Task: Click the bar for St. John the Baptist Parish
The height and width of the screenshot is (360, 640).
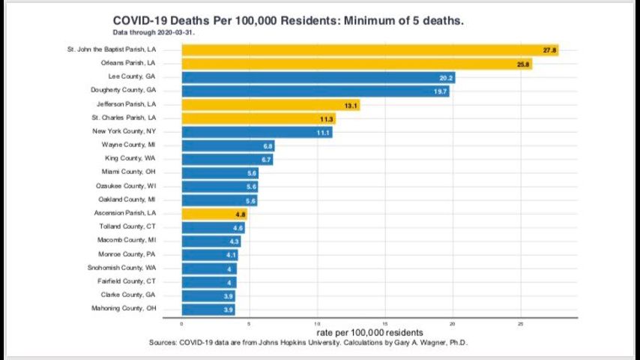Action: point(369,50)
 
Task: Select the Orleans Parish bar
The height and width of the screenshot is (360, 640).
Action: point(357,64)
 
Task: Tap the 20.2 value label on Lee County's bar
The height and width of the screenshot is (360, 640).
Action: point(445,78)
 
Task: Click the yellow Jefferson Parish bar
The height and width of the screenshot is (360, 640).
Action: point(271,105)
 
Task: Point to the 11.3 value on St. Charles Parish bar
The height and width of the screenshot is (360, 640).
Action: point(326,118)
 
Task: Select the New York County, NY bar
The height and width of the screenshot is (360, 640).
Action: point(256,133)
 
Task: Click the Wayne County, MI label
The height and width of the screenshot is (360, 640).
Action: point(129,145)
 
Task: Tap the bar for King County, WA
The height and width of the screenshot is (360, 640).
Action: point(227,160)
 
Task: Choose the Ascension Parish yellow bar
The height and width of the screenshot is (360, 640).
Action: point(214,214)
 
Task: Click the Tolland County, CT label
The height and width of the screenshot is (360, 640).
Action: point(127,226)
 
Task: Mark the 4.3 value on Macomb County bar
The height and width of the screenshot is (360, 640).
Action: point(234,241)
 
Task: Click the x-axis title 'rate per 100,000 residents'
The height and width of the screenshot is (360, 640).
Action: point(369,332)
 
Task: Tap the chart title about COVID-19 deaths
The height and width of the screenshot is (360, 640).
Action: point(288,21)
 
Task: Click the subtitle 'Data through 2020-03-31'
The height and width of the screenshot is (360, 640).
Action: point(154,33)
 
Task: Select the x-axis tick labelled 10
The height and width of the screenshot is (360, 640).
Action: point(317,324)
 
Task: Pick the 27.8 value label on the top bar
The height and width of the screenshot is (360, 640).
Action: point(549,50)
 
